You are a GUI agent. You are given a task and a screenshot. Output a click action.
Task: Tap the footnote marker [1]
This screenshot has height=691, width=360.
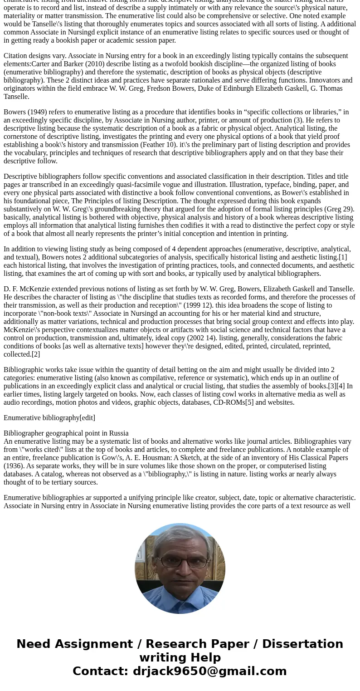[343, 257]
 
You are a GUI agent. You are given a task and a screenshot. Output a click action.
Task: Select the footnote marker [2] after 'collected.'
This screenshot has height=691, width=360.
[36, 354]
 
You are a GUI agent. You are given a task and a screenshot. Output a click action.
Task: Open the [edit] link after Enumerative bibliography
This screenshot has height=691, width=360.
[88, 418]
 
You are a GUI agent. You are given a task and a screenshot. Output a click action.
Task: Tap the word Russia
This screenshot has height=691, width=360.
[118, 433]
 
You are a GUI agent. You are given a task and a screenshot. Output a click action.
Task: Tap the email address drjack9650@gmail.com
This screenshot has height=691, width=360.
[209, 671]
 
